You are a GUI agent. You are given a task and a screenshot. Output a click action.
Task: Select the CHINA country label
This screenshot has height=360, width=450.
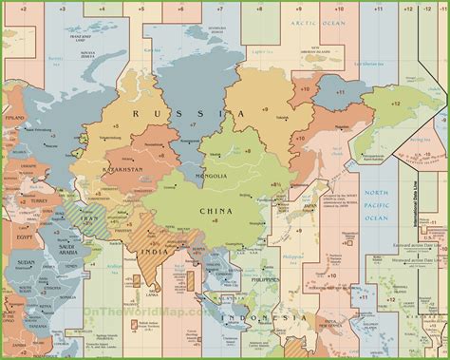click(212, 210)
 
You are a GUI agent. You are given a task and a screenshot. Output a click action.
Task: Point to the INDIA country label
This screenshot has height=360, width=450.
click(155, 251)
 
